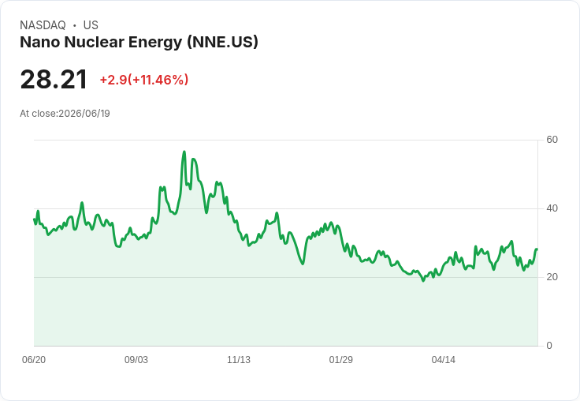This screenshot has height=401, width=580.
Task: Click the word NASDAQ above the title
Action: pos(43,25)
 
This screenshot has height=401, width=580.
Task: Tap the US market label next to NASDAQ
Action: pos(91,25)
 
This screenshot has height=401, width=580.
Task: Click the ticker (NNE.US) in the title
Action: pos(222,43)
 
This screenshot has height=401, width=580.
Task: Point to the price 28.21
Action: pos(54,79)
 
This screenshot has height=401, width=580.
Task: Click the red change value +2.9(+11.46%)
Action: pos(144,80)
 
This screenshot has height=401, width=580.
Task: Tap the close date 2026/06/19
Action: pos(84,114)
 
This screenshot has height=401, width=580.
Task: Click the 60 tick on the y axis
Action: pos(552,140)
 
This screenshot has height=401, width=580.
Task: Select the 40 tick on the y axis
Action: pos(552,208)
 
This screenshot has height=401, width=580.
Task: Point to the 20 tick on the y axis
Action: pos(552,277)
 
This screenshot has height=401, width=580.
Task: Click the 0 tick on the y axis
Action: pos(549,346)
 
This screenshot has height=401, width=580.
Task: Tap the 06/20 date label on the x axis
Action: pos(34,360)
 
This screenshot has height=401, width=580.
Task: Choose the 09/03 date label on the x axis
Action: pos(136,360)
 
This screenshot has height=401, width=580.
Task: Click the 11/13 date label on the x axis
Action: pos(239,360)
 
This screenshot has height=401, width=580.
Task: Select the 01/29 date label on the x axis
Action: pos(340,360)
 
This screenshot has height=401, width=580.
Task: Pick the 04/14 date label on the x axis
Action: pos(443,360)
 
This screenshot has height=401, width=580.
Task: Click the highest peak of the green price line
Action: pos(184,152)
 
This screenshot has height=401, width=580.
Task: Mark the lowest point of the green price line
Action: pos(423,281)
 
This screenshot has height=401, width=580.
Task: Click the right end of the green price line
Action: pos(537,249)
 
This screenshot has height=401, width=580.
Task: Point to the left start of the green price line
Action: pos(34,219)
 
